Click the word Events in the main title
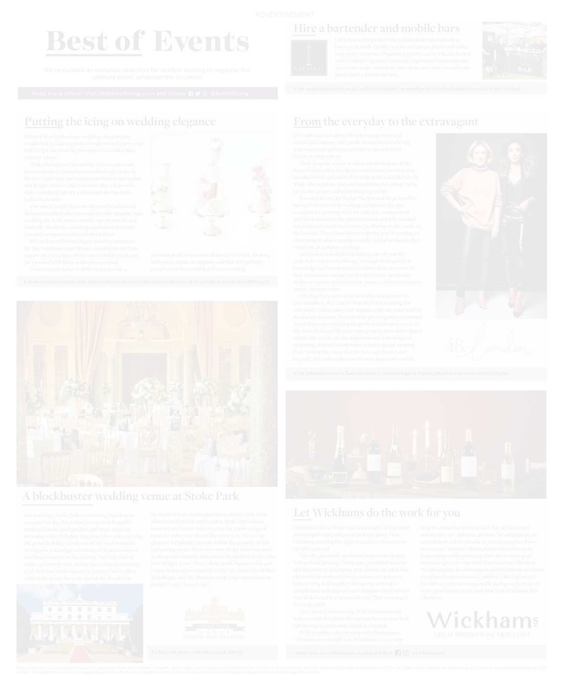point(201,41)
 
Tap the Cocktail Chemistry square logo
point(308,58)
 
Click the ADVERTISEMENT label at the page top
point(284,15)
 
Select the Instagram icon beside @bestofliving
point(204,94)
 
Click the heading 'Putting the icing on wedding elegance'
point(120,122)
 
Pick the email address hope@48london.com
point(440,373)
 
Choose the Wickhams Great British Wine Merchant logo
point(482,624)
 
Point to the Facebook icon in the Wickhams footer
point(398,653)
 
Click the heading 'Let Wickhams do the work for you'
point(377,513)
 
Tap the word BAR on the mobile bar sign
point(525,70)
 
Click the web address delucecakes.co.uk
point(106,282)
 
